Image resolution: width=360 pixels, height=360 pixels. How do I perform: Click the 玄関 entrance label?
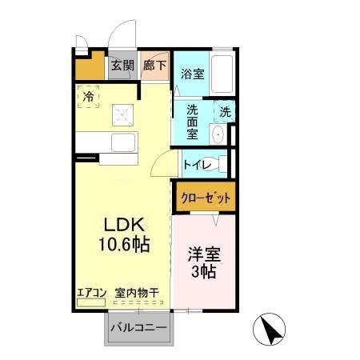coord(122,66)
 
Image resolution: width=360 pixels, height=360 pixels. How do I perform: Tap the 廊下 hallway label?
coord(155,66)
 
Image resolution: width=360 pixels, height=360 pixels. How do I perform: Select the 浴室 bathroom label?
coord(191,75)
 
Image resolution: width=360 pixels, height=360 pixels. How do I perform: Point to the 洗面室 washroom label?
coord(193,119)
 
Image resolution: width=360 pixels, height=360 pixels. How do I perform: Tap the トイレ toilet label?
coord(197,165)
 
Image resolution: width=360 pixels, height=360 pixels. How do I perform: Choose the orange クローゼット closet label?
coord(205,197)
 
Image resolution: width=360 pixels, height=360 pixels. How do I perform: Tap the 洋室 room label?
coord(205,255)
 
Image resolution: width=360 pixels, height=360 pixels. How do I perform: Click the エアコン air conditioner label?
coord(92,293)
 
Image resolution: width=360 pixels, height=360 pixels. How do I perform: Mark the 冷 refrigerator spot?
coord(89,97)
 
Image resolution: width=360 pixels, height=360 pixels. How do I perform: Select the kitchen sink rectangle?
coord(124,145)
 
